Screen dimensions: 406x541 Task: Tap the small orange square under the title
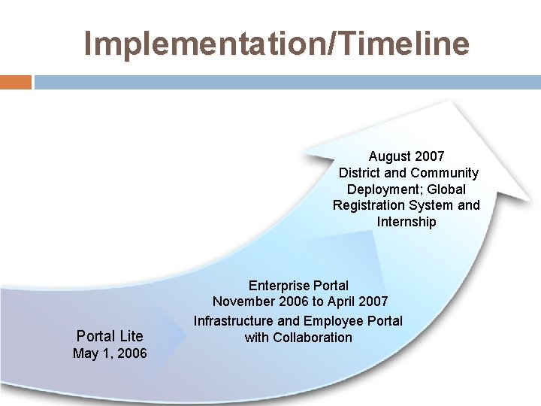click(16, 82)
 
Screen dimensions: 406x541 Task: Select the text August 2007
click(407, 156)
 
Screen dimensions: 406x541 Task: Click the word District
click(361, 173)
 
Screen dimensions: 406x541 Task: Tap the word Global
click(448, 189)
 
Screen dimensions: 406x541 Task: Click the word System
click(434, 205)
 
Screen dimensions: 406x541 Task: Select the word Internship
click(407, 222)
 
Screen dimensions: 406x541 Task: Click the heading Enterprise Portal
click(298, 286)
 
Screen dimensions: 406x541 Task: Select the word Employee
click(334, 321)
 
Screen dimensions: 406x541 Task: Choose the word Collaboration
click(313, 338)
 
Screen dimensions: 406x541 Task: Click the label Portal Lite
click(110, 336)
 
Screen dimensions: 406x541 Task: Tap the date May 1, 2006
click(110, 353)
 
